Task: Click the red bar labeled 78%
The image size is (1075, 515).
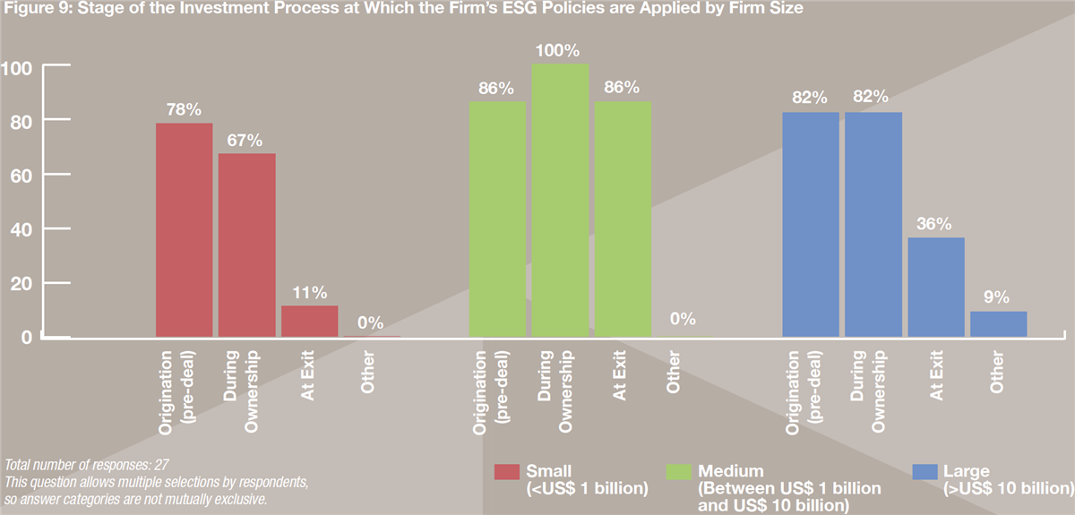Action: [185, 230]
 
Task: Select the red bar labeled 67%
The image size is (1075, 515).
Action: [247, 245]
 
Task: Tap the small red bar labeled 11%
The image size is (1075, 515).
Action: [310, 322]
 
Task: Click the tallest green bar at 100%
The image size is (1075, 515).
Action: [560, 200]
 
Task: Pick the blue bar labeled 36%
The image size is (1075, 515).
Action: [936, 287]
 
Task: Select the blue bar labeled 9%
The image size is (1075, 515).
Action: [999, 324]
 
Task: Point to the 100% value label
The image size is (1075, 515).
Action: [557, 50]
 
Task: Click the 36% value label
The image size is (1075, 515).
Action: [933, 224]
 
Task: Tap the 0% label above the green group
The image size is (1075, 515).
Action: [683, 319]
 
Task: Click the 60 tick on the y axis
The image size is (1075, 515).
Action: [21, 176]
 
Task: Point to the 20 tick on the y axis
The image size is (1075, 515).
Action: [21, 284]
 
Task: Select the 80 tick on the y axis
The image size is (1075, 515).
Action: [21, 123]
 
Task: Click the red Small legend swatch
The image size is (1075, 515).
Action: [507, 472]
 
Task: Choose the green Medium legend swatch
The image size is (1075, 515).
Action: [679, 472]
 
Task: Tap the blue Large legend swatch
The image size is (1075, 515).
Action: [924, 472]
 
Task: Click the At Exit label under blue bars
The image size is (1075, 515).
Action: [936, 375]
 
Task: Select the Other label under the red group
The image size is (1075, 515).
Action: [367, 372]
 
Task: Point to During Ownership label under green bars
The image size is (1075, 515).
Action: [555, 391]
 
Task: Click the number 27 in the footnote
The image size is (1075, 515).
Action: [162, 465]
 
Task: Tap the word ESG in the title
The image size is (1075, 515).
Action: [520, 8]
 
